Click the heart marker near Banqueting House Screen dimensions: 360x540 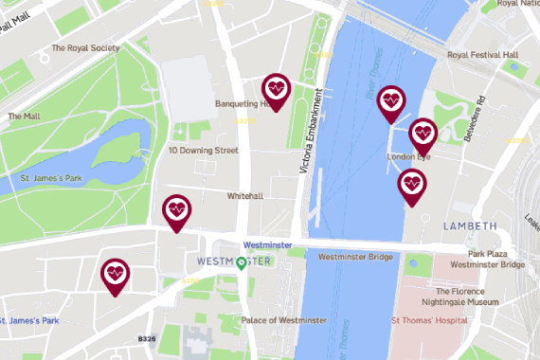276,90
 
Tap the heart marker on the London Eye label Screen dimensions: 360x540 423,133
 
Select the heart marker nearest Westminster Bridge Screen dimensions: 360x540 411,185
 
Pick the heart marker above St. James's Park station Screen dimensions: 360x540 116,275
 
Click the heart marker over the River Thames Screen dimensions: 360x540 390,101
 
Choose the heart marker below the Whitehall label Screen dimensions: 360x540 176,210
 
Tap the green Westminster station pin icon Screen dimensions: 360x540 242,262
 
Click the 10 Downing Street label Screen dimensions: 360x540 203,151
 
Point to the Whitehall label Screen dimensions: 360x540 244,196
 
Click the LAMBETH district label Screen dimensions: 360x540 469,226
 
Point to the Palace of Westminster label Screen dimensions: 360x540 284,320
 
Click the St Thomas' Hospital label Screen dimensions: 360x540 430,321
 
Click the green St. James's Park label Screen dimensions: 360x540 48,176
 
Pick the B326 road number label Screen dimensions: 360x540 146,338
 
